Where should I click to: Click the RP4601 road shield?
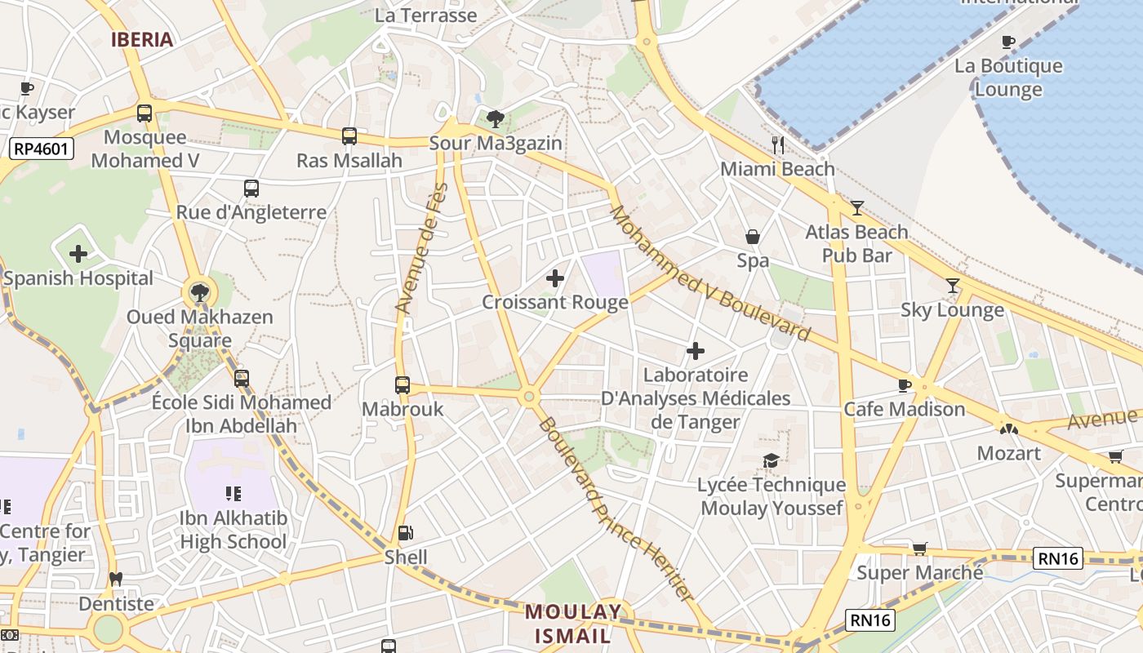[42, 149]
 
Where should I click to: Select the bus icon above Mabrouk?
[402, 384]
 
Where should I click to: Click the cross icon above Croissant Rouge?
[555, 278]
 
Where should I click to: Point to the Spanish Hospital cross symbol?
[78, 254]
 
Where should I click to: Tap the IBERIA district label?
[142, 39]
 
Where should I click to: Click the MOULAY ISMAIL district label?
[573, 624]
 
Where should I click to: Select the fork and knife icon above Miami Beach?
[778, 145]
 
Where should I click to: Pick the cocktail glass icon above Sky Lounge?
[953, 286]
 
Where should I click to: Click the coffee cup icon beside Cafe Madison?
[905, 385]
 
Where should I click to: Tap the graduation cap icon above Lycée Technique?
[771, 461]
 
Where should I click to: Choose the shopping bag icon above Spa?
[753, 237]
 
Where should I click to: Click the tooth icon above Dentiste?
[116, 580]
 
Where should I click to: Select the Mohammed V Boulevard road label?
[710, 273]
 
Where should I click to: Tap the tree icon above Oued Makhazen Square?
[199, 292]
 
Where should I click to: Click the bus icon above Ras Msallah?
[349, 136]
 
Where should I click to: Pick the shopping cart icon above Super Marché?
[920, 549]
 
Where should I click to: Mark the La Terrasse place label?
[425, 15]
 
